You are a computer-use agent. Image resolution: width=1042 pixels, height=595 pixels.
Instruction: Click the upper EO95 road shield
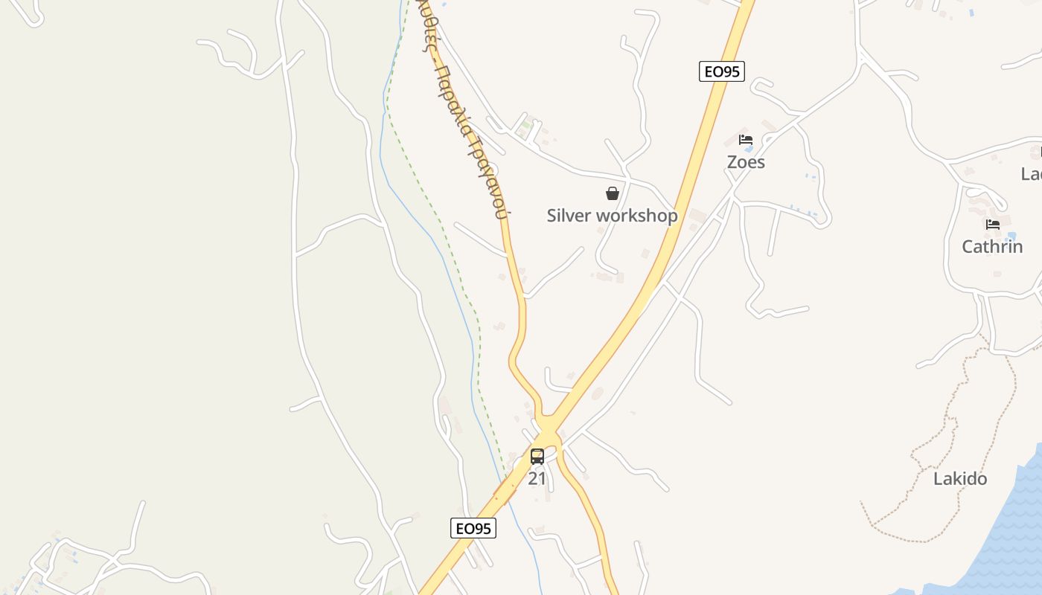tap(721, 71)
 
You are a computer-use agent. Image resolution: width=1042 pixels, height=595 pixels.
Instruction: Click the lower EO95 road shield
tap(473, 528)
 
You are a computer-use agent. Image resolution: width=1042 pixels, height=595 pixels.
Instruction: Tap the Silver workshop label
tap(612, 216)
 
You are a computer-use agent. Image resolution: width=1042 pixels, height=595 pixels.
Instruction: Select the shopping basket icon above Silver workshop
tap(613, 193)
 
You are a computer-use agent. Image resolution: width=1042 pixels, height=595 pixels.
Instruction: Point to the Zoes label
tap(746, 162)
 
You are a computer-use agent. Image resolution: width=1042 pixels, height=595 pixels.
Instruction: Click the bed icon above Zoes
tap(746, 140)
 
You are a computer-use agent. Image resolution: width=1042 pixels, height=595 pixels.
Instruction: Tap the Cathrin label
tap(992, 247)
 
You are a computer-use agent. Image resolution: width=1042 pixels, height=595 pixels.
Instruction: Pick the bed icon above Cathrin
tap(992, 224)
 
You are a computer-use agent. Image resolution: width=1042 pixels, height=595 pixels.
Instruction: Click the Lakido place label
tap(960, 479)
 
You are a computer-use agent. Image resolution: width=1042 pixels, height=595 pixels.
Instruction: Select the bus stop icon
tap(537, 457)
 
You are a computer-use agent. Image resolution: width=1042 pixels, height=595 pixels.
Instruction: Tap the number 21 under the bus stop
tap(537, 479)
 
